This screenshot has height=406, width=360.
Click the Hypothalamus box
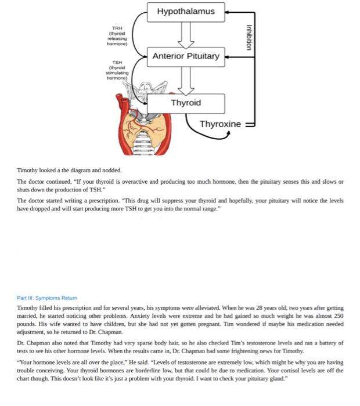coord(186,12)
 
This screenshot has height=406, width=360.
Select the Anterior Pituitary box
coord(186,56)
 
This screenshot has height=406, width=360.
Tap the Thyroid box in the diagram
coord(186,103)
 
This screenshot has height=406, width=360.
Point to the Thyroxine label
coord(219,124)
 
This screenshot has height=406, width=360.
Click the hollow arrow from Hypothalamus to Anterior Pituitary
coord(186,34)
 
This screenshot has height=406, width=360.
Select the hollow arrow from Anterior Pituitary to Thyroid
coord(186,80)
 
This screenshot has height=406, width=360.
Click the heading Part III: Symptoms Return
coord(47,298)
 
